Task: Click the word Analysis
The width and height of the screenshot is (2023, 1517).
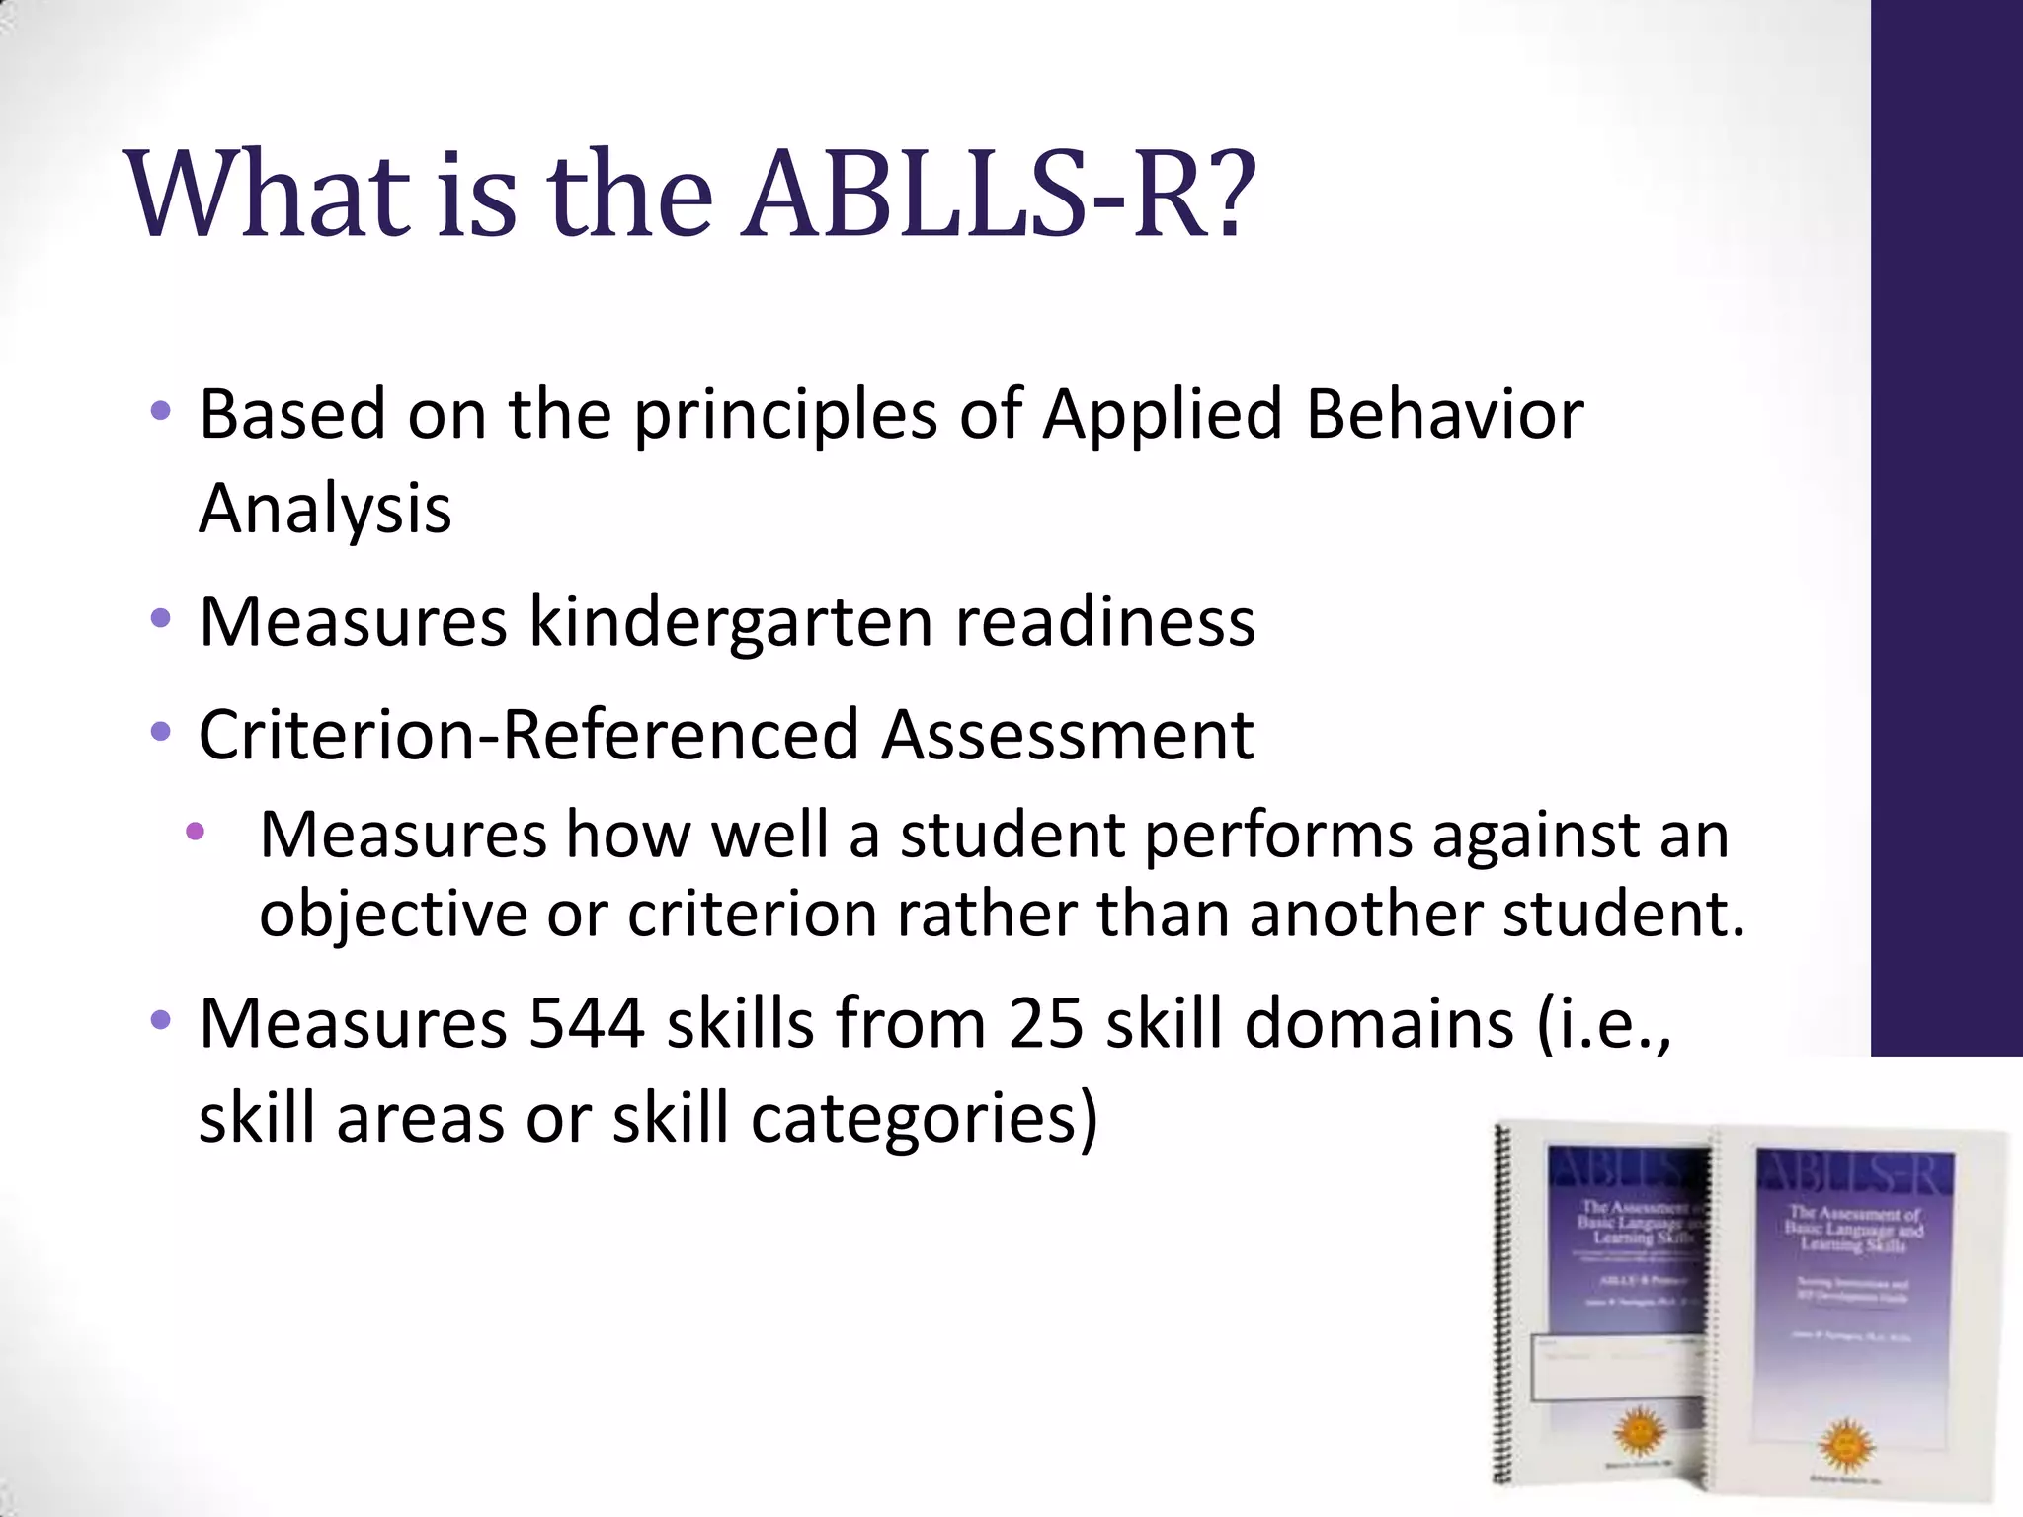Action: (325, 509)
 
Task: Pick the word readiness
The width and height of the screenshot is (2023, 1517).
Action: (1105, 621)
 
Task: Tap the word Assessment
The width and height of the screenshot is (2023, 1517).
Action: (1067, 735)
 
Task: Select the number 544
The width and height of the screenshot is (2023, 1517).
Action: (587, 1023)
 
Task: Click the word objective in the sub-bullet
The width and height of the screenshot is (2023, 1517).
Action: (393, 914)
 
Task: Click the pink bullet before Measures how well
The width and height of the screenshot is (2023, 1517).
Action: (195, 833)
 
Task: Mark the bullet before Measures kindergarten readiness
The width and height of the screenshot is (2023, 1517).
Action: (161, 620)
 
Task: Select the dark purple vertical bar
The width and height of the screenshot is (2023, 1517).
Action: (1946, 523)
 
